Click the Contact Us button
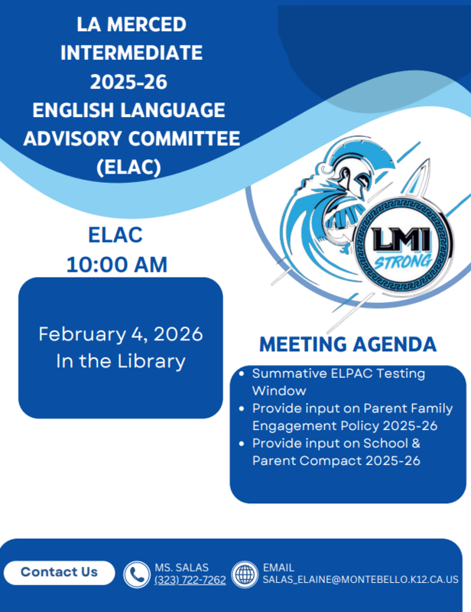(x=59, y=572)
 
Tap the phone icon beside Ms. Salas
(x=136, y=574)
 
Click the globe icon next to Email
(x=245, y=574)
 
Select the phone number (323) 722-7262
(x=190, y=581)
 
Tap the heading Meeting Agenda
(x=348, y=344)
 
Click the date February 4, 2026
(x=121, y=334)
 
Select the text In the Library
(x=121, y=362)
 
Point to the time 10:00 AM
(x=116, y=265)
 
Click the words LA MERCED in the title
(x=132, y=24)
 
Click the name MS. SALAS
(x=180, y=568)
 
